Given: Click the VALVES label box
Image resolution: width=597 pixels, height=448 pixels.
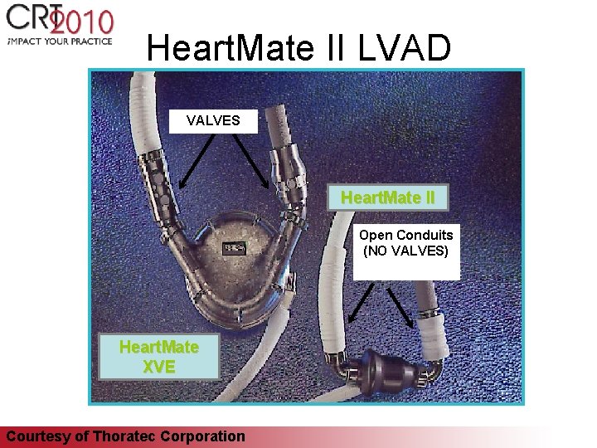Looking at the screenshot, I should [213, 121].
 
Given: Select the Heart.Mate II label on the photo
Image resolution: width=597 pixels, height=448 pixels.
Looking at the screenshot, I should [388, 199].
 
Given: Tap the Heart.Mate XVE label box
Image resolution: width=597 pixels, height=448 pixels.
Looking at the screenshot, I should [158, 357].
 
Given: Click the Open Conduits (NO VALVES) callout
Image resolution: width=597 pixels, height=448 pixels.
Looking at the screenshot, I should [405, 243].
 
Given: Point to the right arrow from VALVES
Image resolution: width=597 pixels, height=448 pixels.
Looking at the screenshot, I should [251, 159].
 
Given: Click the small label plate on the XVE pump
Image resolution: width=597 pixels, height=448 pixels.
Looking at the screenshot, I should [234, 247].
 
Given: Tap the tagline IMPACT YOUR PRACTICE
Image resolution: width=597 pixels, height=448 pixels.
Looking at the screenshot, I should [58, 41].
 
